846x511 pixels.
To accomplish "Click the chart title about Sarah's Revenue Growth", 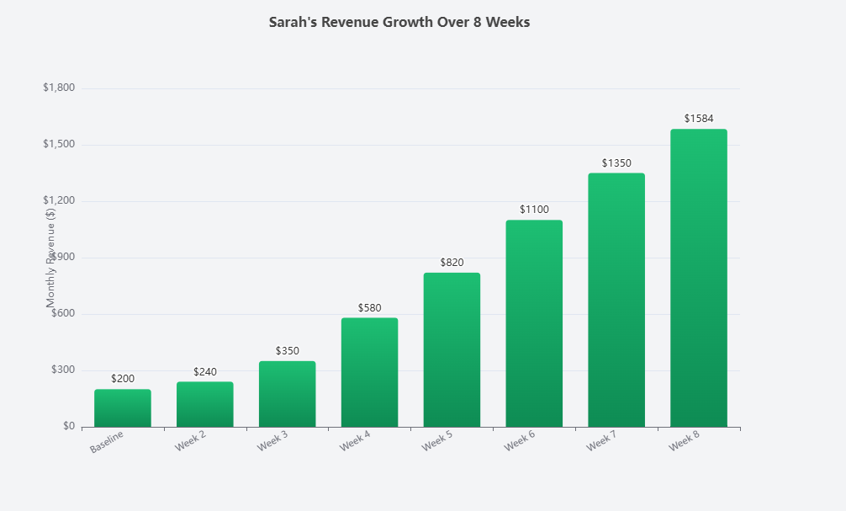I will click(x=399, y=23).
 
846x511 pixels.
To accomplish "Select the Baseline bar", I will click(x=123, y=408).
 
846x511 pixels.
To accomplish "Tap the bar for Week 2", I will click(x=205, y=404).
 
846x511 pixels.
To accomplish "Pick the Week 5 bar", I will click(x=452, y=349).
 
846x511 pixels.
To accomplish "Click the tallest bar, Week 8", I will click(x=699, y=278).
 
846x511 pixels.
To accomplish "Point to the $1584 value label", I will click(x=699, y=119).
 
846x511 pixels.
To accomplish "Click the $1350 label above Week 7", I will click(x=616, y=163).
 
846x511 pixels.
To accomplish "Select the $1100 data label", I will click(x=534, y=210).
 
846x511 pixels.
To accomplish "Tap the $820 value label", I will click(x=452, y=263).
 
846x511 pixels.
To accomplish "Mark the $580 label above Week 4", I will click(x=369, y=308).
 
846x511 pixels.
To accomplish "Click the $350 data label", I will click(x=288, y=351).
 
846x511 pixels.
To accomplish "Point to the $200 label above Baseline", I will click(x=123, y=380).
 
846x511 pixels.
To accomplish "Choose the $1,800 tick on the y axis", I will click(x=59, y=88).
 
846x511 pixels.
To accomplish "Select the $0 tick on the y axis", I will click(x=68, y=427).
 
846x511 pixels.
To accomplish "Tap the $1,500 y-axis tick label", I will click(x=59, y=145).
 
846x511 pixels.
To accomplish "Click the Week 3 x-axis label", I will click(x=274, y=443).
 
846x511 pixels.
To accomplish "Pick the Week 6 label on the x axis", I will click(x=521, y=443).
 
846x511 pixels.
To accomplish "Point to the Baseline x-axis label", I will click(x=107, y=444).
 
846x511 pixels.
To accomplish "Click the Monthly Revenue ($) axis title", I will click(x=50, y=257).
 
